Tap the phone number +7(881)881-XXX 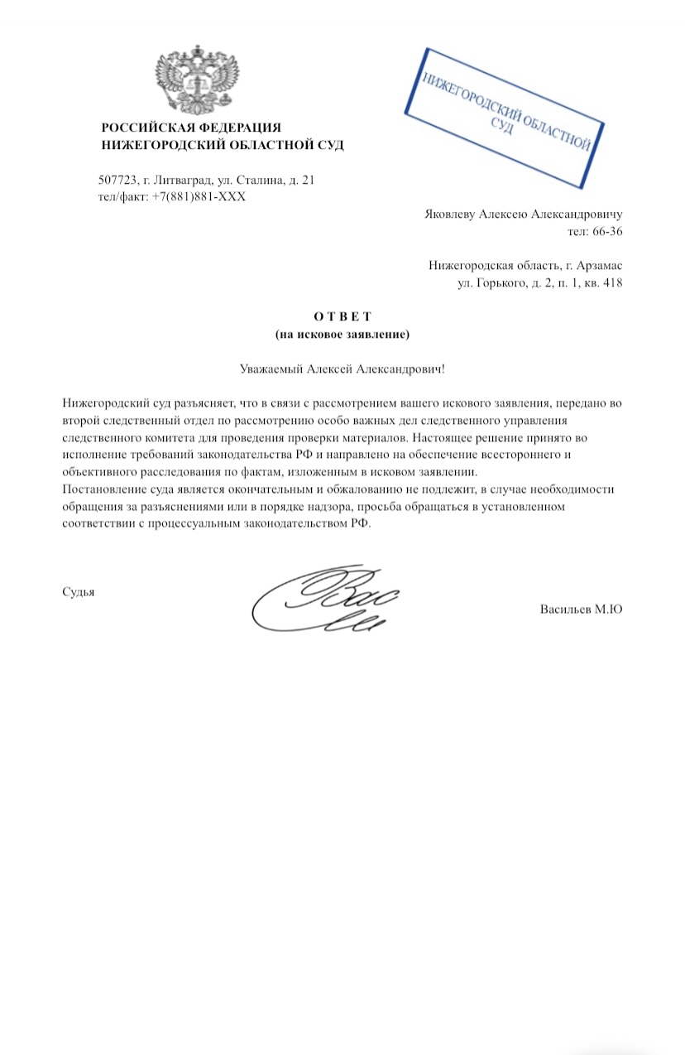point(199,196)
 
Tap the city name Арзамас point(596,266)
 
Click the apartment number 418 point(611,283)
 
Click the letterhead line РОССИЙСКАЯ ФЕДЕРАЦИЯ point(191,128)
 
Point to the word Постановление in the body point(103,490)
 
